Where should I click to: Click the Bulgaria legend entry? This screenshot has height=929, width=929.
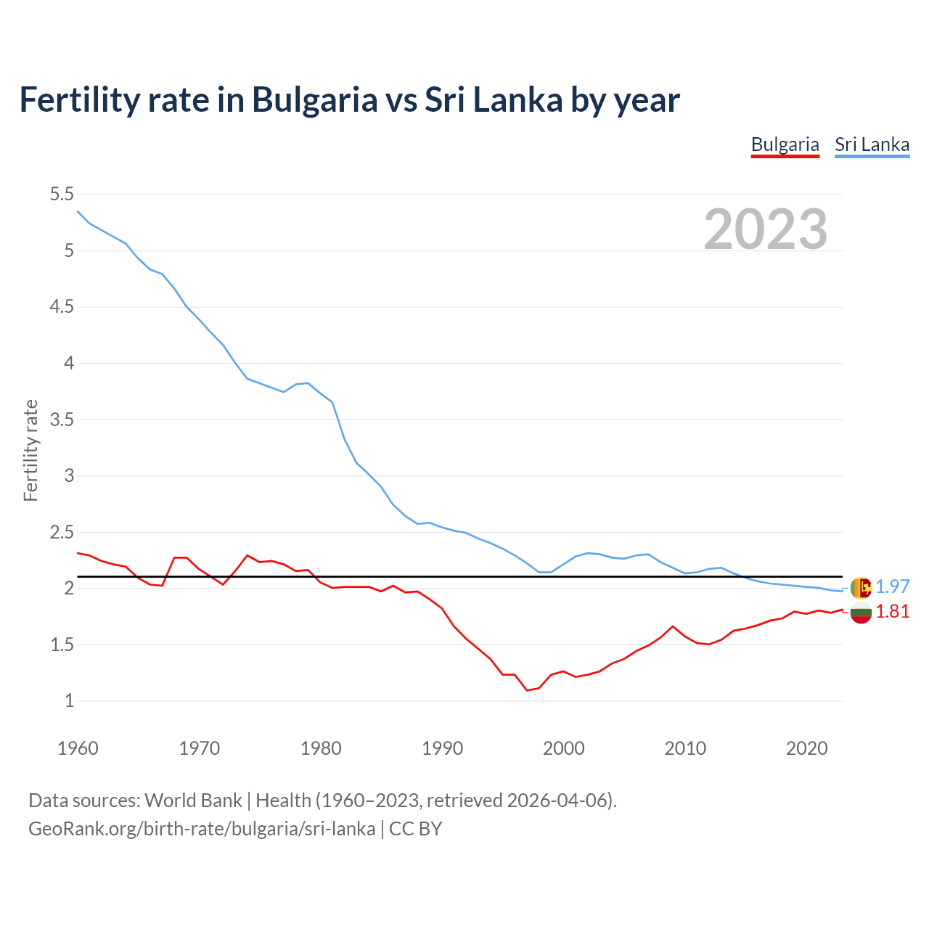785,144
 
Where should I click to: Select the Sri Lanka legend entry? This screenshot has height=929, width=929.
872,144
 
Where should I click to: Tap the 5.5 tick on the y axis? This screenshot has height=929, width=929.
62,195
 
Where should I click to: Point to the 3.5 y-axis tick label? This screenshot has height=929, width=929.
62,420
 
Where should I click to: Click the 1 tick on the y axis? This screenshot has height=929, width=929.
69,701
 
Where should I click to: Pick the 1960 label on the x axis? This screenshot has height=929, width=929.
78,748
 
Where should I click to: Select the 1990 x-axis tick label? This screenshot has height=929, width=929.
442,748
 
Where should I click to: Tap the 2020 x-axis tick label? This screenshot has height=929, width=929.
806,748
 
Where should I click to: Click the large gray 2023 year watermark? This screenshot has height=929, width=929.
765,229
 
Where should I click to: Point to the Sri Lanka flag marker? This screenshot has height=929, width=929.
860,587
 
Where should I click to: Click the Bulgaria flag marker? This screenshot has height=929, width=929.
860,613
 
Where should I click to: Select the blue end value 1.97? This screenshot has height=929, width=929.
892,586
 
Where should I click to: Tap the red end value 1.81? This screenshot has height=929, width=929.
892,612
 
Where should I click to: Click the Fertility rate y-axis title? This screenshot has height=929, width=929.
30,450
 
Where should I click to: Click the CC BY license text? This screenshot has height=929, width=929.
415,829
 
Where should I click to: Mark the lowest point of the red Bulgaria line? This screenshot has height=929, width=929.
527,690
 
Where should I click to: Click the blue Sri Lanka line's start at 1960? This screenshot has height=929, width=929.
78,211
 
